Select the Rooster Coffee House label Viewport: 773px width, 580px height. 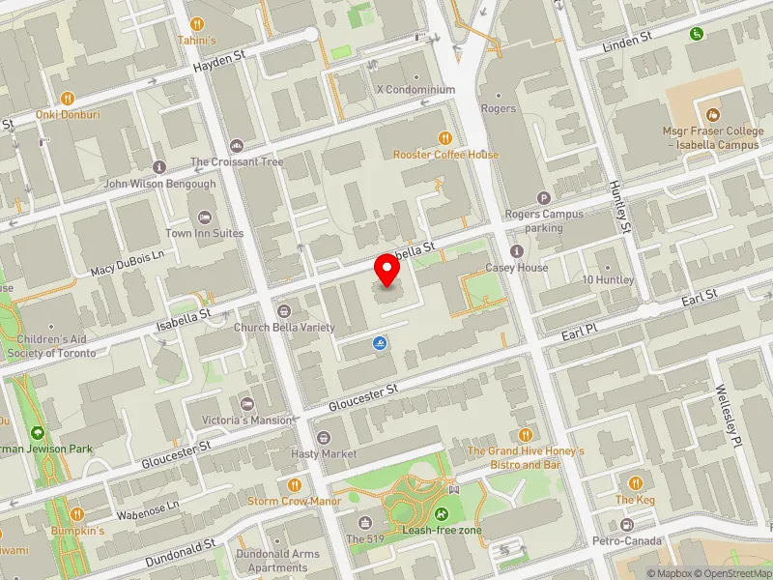pyautogui.click(x=445, y=155)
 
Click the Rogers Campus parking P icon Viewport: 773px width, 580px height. pyautogui.click(x=543, y=197)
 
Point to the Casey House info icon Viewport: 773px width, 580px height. pyautogui.click(x=516, y=251)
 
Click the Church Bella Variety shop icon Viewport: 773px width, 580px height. pyautogui.click(x=283, y=310)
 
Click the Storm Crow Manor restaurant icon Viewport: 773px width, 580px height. pyautogui.click(x=295, y=484)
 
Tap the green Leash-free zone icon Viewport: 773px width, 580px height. pyautogui.click(x=442, y=514)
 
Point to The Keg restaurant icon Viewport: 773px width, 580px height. pyautogui.click(x=635, y=482)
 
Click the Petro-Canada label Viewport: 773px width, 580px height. pyautogui.click(x=627, y=540)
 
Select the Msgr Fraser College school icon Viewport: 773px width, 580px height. pyautogui.click(x=713, y=114)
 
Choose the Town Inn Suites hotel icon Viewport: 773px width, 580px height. pyautogui.click(x=204, y=217)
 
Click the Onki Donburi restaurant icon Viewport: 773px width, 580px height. pyautogui.click(x=68, y=98)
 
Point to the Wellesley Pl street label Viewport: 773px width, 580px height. pyautogui.click(x=726, y=417)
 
